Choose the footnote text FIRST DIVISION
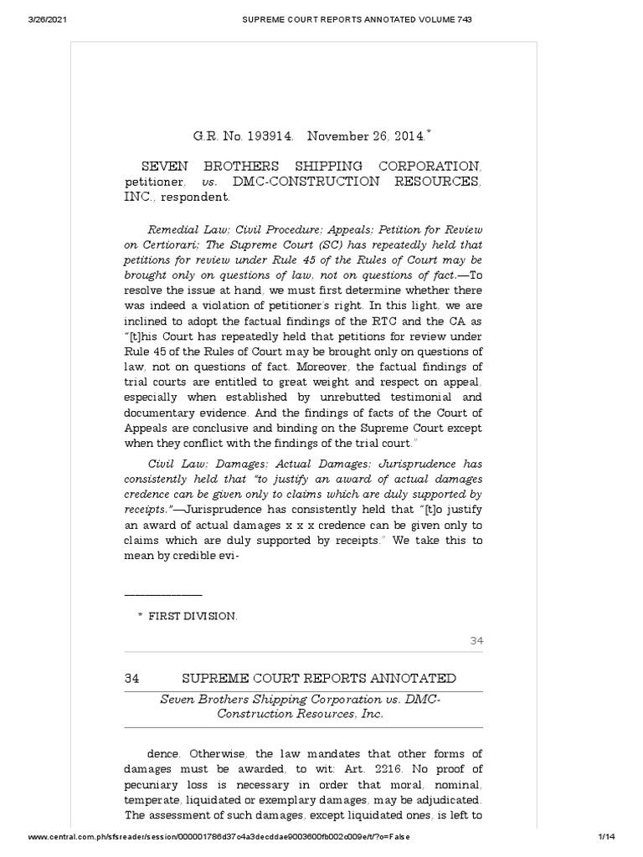(x=193, y=616)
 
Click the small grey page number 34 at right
(x=476, y=641)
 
